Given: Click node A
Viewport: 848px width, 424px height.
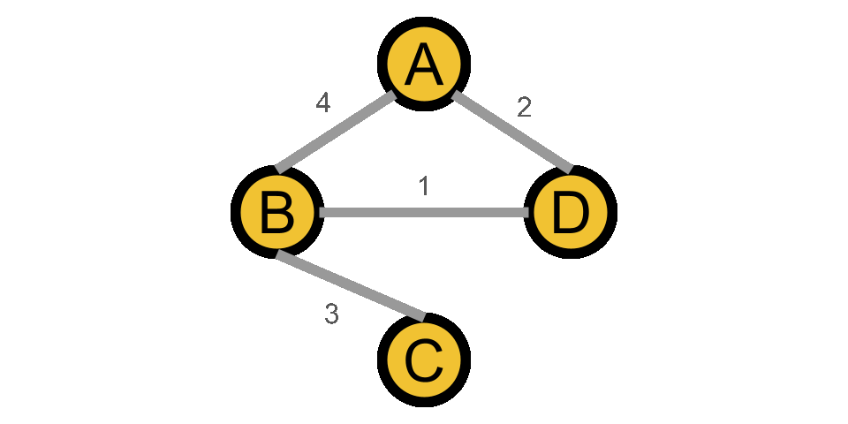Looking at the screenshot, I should pos(424,64).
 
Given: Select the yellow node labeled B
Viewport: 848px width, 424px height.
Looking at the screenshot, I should pos(277,213).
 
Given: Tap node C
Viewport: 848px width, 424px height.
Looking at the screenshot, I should pos(424,360).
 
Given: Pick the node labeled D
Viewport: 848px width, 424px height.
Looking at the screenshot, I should pos(571,213).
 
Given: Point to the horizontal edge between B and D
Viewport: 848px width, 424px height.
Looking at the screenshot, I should pos(424,212).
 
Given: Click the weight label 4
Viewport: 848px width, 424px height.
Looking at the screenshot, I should pos(322,103).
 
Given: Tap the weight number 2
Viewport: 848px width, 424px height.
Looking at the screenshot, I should pos(524,108).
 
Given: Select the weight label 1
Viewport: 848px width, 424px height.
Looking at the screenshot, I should pos(424,185).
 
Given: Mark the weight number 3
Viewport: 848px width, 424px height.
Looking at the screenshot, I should pos(331,314).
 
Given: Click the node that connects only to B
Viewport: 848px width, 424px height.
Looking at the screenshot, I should pos(424,360).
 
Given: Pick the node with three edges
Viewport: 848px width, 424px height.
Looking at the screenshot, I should pos(277,213).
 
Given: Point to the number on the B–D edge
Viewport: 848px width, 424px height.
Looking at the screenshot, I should pos(424,185).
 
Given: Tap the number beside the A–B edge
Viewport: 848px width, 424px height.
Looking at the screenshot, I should pos(322,103).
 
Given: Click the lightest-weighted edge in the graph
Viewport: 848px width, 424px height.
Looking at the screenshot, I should pos(424,212).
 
